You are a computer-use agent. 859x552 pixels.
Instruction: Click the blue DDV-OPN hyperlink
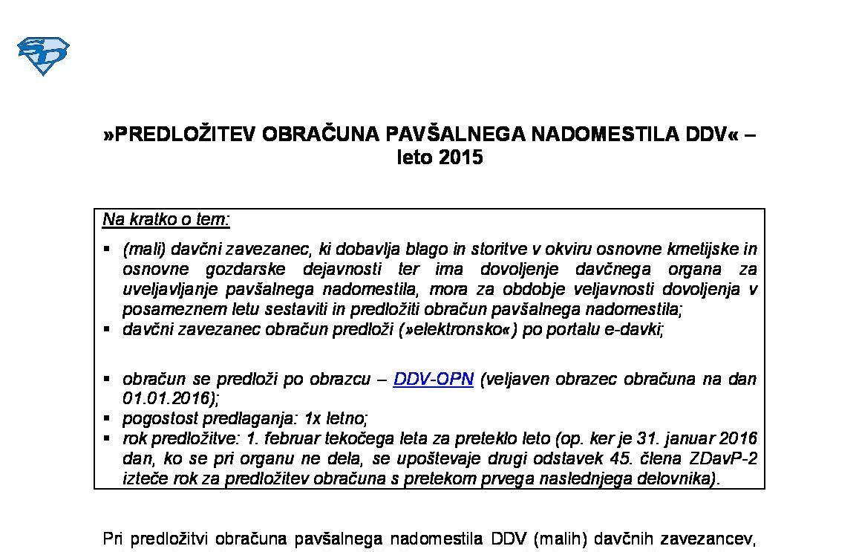433,379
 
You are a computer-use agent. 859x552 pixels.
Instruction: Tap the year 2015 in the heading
460,158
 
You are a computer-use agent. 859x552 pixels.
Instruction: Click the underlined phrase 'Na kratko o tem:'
166,220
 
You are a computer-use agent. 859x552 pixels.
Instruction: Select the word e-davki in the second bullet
637,329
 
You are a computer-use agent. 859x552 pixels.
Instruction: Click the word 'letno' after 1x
348,418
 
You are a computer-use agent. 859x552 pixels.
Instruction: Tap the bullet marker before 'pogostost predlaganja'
108,418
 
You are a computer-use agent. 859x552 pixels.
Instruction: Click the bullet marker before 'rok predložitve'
108,438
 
